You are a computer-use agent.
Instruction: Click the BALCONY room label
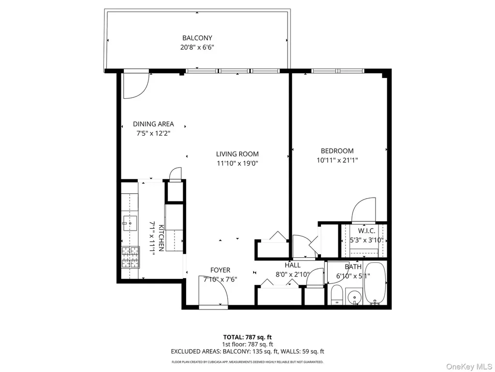(197, 38)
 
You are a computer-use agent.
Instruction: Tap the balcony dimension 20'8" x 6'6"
(197, 47)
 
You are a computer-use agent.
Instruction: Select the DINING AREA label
(153, 124)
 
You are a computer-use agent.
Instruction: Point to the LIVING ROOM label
(237, 154)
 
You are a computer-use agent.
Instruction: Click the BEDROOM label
(337, 151)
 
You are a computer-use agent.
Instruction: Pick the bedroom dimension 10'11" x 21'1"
(337, 160)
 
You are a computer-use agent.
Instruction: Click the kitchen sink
(130, 223)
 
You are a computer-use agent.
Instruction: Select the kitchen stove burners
(131, 257)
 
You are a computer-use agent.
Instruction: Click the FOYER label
(220, 270)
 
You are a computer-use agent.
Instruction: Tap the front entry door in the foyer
(213, 291)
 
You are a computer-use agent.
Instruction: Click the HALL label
(292, 265)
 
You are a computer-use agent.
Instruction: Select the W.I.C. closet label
(366, 231)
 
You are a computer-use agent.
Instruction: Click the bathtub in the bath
(375, 283)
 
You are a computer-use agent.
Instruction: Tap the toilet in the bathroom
(337, 294)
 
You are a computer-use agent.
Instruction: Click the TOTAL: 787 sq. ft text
(247, 337)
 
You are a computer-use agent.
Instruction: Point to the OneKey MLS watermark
(469, 367)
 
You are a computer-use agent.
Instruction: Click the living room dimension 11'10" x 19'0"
(237, 164)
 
